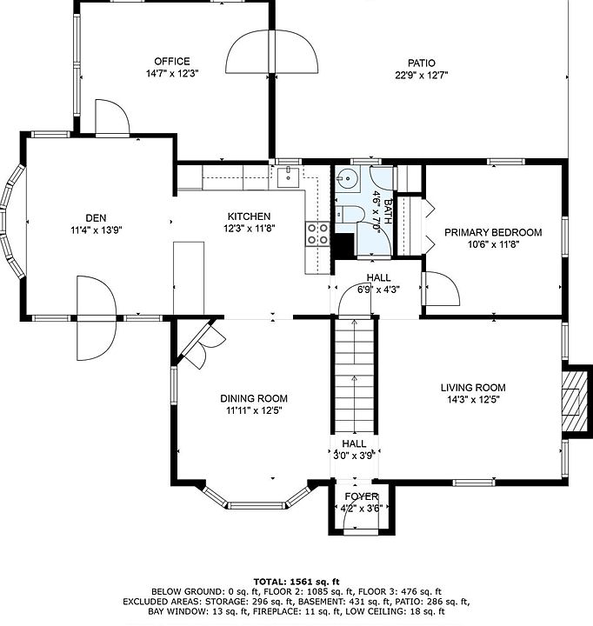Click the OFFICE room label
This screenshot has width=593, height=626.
coord(172,62)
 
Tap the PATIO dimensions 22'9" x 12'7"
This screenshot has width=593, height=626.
coord(422,75)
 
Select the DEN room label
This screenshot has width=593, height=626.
coord(96,218)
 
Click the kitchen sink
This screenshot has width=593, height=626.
coord(288,176)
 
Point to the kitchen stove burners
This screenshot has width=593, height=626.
coord(317,234)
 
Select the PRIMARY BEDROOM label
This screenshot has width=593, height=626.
coord(493,232)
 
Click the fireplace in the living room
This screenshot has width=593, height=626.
coord(575,401)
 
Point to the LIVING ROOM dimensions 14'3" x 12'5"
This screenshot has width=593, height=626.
coord(473,399)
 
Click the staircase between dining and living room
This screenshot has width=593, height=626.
coord(354,376)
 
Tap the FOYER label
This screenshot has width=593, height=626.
coord(362,496)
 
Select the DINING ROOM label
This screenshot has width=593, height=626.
coord(254,398)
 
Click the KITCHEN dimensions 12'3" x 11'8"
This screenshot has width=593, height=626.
coord(250,229)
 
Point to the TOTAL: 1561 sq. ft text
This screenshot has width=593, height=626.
coord(296,582)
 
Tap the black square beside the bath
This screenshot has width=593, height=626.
coord(343,245)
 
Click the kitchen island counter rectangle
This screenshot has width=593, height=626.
coord(189,278)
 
